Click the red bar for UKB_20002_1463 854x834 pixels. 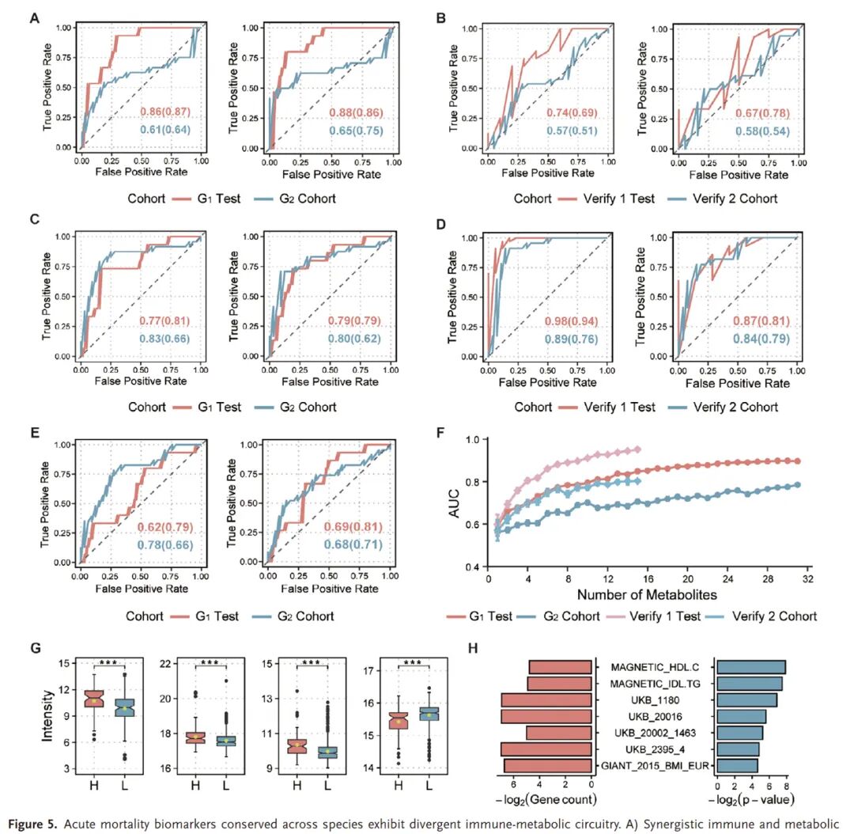click(x=559, y=733)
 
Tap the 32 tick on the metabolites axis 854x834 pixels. click(x=807, y=579)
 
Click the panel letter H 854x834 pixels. click(x=473, y=648)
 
